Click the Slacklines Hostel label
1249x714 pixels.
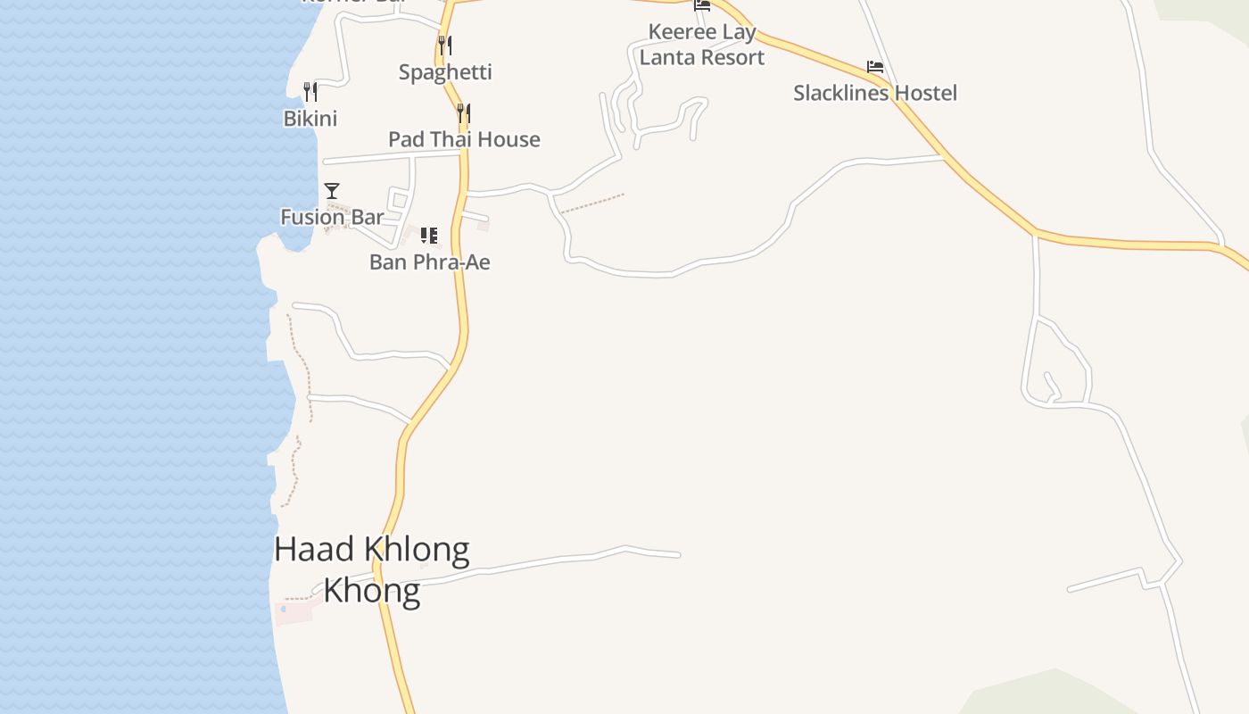point(875,93)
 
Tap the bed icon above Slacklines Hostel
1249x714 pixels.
point(875,67)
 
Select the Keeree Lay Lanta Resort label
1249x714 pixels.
point(702,45)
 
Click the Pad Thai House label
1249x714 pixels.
point(464,139)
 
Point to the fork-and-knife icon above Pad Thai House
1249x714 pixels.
point(463,112)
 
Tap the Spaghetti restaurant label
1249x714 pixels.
point(445,72)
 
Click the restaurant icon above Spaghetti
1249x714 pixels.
point(444,45)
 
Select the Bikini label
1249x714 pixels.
point(310,119)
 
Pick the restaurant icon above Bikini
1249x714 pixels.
point(310,91)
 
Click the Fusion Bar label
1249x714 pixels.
point(332,217)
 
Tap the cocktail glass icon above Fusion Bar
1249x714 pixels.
point(332,190)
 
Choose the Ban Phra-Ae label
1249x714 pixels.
point(429,262)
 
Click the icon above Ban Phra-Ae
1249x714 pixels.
point(429,236)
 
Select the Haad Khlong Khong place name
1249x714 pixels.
point(371,569)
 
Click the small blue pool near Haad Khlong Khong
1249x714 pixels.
point(284,609)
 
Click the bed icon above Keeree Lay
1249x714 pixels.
point(702,4)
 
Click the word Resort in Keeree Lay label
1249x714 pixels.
point(732,57)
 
